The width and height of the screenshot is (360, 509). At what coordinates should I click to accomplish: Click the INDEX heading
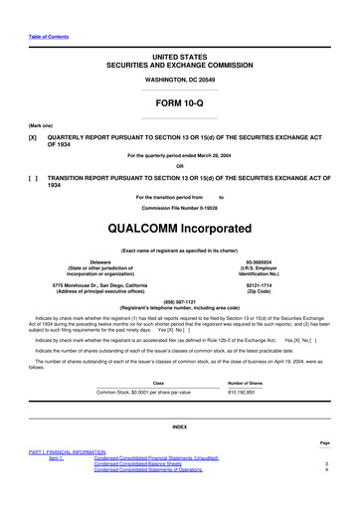[179, 426]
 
